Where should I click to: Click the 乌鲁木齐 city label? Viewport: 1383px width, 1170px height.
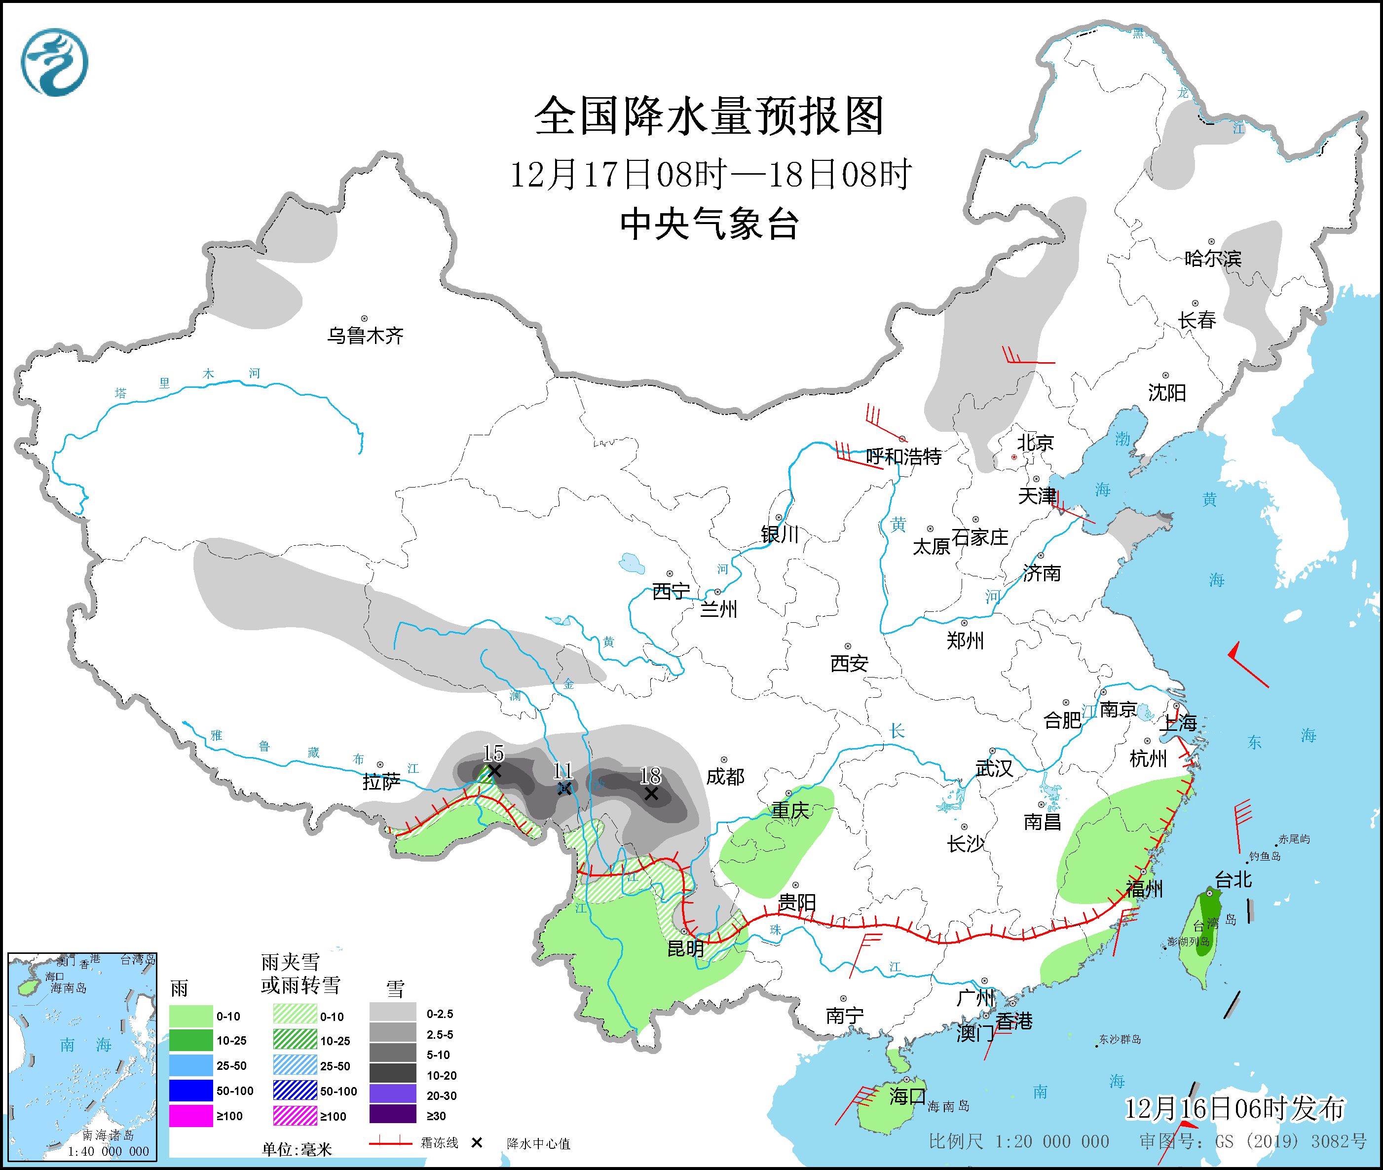click(365, 336)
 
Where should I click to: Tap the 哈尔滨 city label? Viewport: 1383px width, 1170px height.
click(1212, 259)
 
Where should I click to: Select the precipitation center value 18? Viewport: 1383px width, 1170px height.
click(650, 775)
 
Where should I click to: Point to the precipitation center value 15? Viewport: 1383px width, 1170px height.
click(493, 753)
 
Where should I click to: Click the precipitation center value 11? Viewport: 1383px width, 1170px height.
click(562, 770)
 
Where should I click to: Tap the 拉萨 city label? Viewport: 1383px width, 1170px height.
click(381, 782)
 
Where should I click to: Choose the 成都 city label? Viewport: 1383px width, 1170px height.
click(725, 777)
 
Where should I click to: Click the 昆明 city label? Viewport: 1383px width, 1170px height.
click(685, 949)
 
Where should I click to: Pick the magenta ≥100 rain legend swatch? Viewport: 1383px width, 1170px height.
click(191, 1116)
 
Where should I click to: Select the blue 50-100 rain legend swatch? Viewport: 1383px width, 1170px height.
click(191, 1091)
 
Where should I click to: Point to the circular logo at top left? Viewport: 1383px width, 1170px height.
click(54, 62)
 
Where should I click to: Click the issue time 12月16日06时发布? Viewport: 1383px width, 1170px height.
click(1234, 1108)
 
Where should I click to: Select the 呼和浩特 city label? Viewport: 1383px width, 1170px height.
click(903, 456)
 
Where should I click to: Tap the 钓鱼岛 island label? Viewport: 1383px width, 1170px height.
click(1264, 856)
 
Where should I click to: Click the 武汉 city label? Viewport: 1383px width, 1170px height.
click(994, 768)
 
